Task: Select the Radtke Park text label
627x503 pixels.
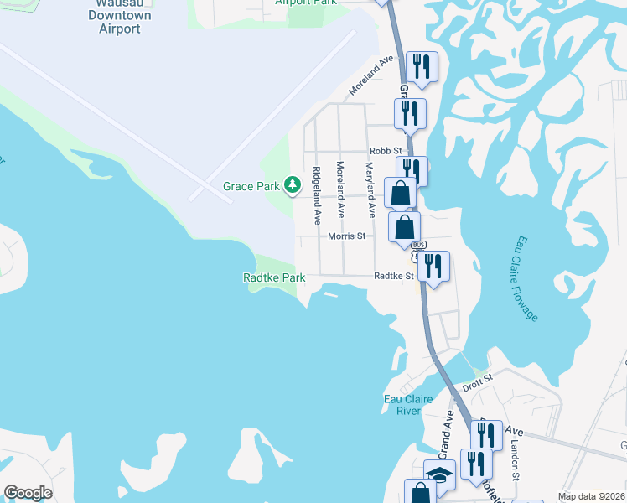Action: pos(274,277)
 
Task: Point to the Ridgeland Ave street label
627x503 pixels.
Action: pos(317,196)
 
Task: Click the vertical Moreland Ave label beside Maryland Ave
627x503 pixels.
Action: pos(340,190)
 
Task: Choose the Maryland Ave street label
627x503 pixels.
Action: pos(367,185)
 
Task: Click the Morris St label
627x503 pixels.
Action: pos(346,236)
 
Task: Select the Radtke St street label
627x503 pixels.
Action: pos(394,276)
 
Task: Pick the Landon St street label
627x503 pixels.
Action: pos(516,463)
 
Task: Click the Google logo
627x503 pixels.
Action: pos(28,493)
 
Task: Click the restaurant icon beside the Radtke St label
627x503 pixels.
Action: pos(434,266)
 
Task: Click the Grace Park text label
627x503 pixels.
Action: pos(251,186)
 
